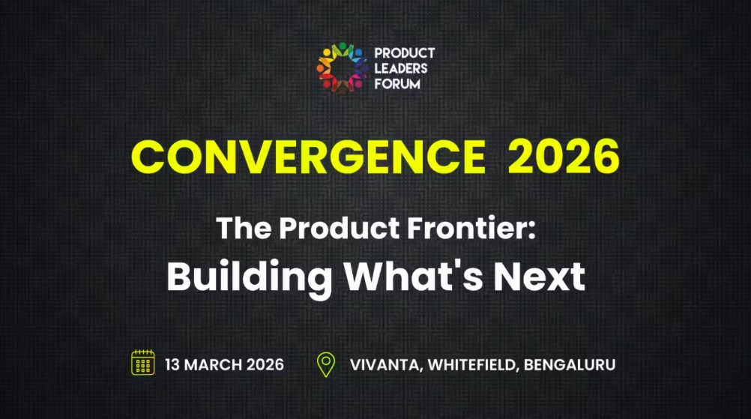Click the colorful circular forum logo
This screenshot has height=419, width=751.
click(x=341, y=68)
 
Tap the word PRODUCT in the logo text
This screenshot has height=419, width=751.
click(x=404, y=53)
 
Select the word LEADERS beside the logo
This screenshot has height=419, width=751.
click(x=401, y=68)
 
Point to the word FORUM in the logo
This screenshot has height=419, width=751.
click(x=397, y=84)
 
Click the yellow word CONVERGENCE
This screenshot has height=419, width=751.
click(x=308, y=157)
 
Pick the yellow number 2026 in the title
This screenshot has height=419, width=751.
click(x=564, y=157)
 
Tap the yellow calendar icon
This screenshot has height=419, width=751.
click(x=142, y=364)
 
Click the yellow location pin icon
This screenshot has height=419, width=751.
click(x=325, y=364)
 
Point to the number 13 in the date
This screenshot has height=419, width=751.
click(x=173, y=365)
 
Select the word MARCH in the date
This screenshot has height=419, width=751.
click(x=212, y=365)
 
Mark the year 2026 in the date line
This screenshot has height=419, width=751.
click(x=265, y=365)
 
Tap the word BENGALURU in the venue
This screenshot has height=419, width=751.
click(x=570, y=365)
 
